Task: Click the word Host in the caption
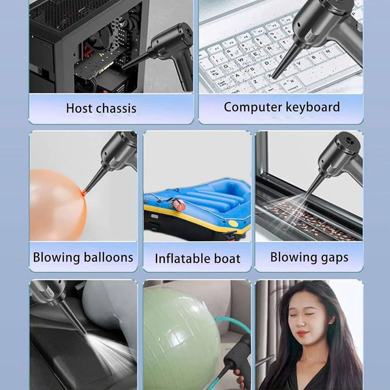(x=79, y=108)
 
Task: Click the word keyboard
(x=313, y=107)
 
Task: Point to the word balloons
(x=109, y=257)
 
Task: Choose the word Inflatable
(x=182, y=258)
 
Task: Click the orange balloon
(x=57, y=205)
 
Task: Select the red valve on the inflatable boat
(x=179, y=206)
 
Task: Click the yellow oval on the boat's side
(x=233, y=223)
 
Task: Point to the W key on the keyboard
(x=241, y=60)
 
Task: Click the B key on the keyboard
(x=314, y=58)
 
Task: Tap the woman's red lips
(x=302, y=333)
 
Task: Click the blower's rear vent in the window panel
(x=348, y=141)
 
